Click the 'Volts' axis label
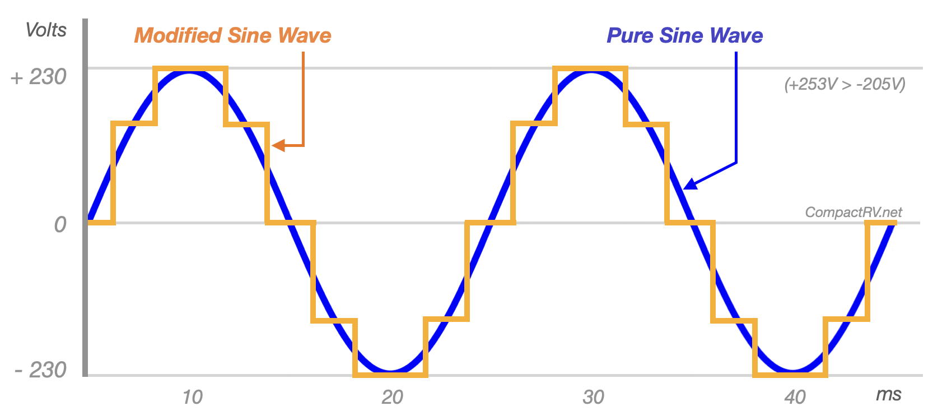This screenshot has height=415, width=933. pos(46,30)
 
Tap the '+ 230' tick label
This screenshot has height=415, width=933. pos(39,77)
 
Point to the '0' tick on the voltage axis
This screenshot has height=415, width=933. pos(60,225)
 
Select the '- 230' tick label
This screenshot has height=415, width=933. pos(40,370)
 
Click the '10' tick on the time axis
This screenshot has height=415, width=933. pos(192,397)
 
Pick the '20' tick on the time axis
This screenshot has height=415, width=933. pos(392,397)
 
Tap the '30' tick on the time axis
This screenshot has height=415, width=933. pos(593,397)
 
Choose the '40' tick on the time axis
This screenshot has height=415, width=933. pos(795,397)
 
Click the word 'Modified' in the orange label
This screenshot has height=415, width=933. pos(179,36)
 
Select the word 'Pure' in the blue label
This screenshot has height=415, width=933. pos(631,36)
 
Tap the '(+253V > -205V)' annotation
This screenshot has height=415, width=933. pos(845,84)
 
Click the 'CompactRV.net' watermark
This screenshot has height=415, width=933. pos(853,212)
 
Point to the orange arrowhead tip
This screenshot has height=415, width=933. pos(273,146)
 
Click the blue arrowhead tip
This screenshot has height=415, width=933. pos(684,188)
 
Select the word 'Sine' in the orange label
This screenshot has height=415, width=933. pos(250,36)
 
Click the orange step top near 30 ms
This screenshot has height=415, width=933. pos(590,69)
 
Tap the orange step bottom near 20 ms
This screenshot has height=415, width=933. pos(390,374)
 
